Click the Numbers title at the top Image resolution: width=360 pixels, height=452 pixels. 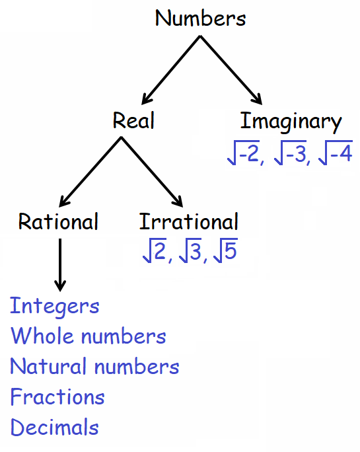pos(200,18)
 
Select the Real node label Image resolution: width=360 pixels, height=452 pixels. pos(133,120)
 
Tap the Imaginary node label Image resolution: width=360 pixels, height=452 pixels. pos(291,122)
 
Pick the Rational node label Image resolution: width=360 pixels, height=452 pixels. pos(58,221)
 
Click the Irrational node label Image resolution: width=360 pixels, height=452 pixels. pos(189,221)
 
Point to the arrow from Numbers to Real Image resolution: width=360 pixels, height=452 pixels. pos(171,70)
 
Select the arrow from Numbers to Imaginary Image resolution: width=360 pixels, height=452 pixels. pos(231,70)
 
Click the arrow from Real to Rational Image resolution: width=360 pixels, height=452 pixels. pos(90,172)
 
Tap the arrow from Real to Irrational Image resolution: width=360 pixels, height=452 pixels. pos(152,172)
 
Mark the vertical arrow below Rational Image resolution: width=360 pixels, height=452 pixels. pos(60,265)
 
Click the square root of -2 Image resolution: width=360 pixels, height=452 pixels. pos(244,153)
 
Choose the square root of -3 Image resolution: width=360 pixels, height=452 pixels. pos(290,153)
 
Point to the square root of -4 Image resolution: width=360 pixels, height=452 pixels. pos(336,153)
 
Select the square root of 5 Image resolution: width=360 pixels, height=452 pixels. pos(226,250)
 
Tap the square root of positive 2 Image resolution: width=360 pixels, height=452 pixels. pos(155,250)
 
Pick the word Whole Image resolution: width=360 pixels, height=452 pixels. pos(42,336)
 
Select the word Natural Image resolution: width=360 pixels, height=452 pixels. pos(48,366)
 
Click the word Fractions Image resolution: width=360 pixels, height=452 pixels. pos(57,396)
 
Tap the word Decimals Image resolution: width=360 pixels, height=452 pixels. pos(55,427)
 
